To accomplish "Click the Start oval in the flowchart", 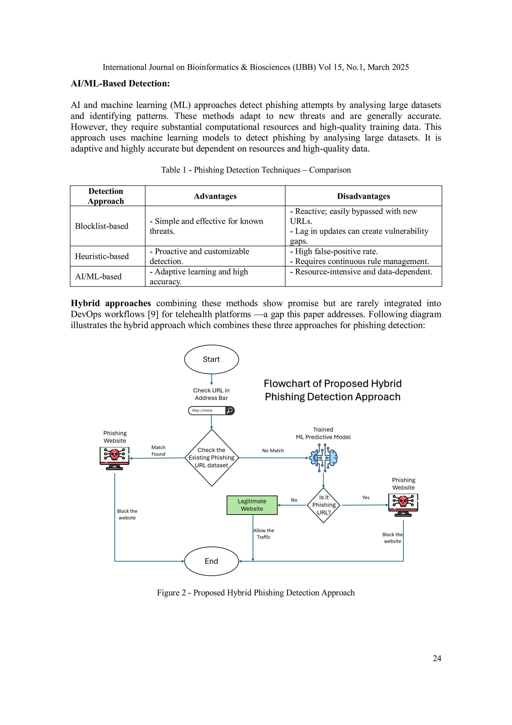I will coord(211,359).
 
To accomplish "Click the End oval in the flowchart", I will coord(211,561).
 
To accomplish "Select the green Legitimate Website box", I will coord(252,505).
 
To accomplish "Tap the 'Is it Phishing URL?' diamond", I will coord(324,505).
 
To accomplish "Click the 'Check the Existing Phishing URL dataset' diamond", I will coord(211,457).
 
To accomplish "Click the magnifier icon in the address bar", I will coord(230,410).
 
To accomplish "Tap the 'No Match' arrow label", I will coord(273,451).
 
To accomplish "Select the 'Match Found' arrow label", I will coord(158,451).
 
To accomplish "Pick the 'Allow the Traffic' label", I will coord(264,534).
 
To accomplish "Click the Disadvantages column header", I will coord(363,196).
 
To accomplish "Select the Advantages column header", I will coord(215,196).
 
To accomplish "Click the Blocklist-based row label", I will coord(101,226).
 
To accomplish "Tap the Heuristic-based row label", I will coord(102,256).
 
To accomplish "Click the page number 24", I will coord(437,658).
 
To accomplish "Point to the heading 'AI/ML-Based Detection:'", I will coord(120,83).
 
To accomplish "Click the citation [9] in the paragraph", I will coord(153,314).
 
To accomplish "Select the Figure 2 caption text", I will coord(256,593).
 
